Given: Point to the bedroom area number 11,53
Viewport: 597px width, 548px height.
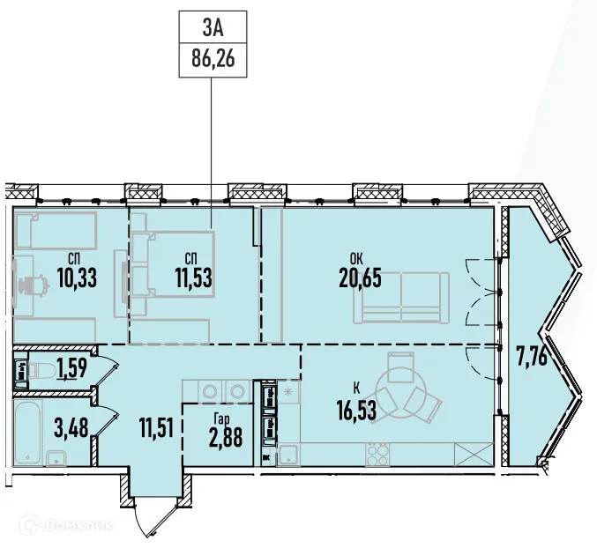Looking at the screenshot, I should click(192, 278).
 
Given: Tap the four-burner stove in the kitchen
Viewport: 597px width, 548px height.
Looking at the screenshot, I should click(378, 455).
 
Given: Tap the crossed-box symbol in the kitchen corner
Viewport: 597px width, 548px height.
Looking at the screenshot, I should click(474, 455).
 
